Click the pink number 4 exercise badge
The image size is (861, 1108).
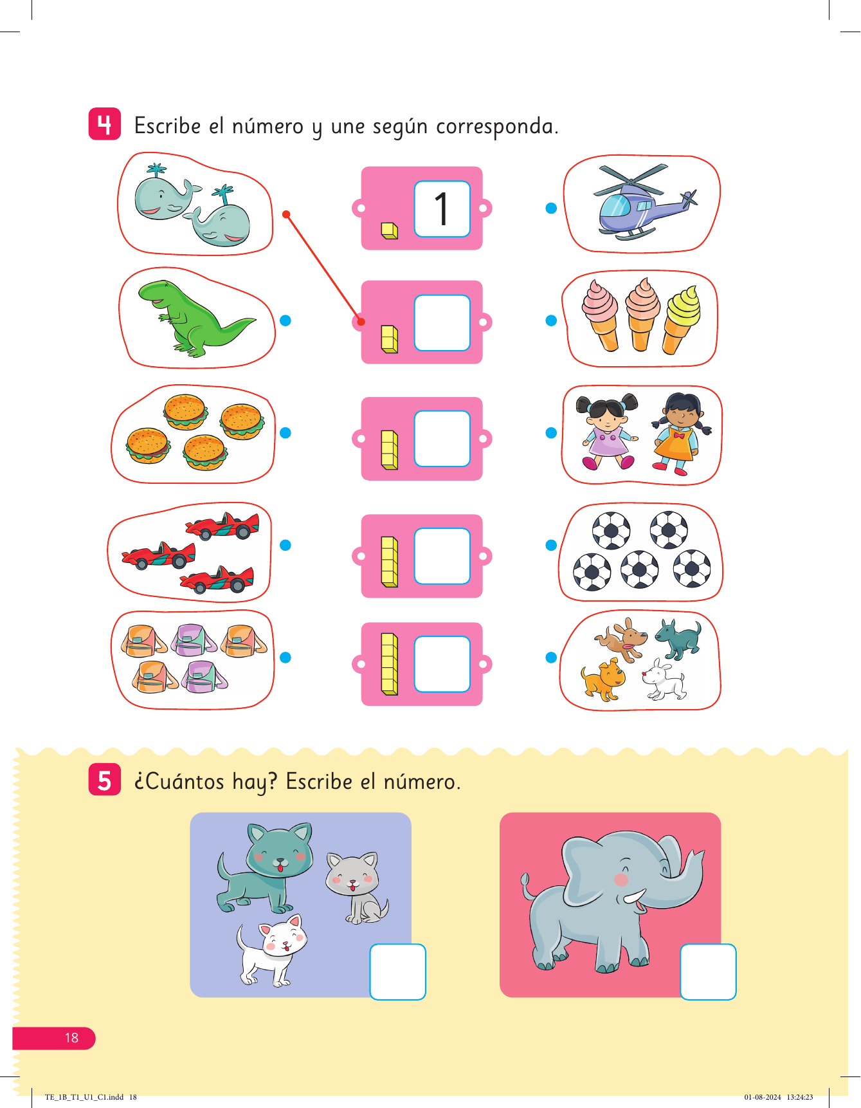tap(104, 124)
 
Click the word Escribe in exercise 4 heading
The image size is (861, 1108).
tap(167, 125)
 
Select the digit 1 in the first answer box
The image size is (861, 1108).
tap(441, 208)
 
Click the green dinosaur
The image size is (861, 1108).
tap(193, 318)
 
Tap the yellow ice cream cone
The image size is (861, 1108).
tap(682, 319)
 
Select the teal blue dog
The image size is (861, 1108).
tap(678, 639)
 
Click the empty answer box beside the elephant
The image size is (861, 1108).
tap(708, 972)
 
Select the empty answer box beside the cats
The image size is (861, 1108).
tap(398, 972)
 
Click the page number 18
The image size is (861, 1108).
tap(71, 1037)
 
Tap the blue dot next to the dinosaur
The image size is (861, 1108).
tap(285, 320)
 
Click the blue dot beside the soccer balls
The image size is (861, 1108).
tap(551, 545)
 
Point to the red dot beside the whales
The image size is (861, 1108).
tap(286, 214)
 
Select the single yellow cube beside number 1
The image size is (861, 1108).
tap(390, 230)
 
